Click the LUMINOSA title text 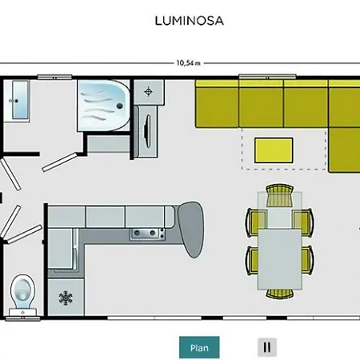click(189, 21)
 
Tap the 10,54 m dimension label click(189, 63)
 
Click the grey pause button click(267, 347)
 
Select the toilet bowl click(22, 291)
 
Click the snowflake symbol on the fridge click(66, 298)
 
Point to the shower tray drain click(120, 106)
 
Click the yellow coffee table click(274, 150)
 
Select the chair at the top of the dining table click(280, 195)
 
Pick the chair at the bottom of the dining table click(280, 294)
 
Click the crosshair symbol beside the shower click(148, 92)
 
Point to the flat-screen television click(147, 130)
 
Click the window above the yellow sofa click(267, 78)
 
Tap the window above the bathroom click(54, 78)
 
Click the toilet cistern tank click(22, 312)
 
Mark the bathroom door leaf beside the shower click(59, 162)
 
